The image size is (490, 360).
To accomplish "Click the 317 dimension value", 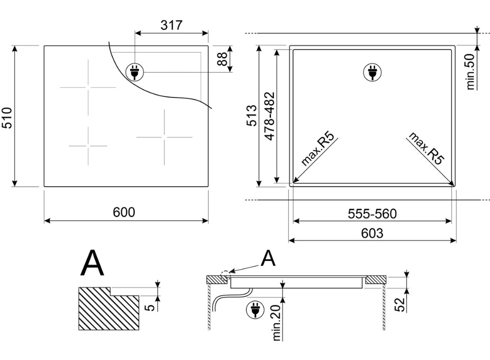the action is pyautogui.click(x=171, y=25).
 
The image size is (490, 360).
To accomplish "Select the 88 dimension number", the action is pyautogui.click(x=222, y=59).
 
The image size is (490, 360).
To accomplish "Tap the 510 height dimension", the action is pyautogui.click(x=7, y=118).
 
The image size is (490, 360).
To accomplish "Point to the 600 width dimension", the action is pyautogui.click(x=124, y=212).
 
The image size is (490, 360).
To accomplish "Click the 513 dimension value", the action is pyautogui.click(x=252, y=115).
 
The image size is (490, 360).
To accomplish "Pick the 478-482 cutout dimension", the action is pyautogui.click(x=269, y=116).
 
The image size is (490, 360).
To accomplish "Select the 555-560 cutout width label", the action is pyautogui.click(x=372, y=214).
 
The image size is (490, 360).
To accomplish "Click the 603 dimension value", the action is pyautogui.click(x=372, y=233).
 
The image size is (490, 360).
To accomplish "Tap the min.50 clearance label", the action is pyautogui.click(x=470, y=71).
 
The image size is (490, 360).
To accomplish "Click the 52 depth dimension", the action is pyautogui.click(x=400, y=304).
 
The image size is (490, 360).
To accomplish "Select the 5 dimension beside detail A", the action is pyautogui.click(x=151, y=307).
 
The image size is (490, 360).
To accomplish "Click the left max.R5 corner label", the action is pyautogui.click(x=317, y=149).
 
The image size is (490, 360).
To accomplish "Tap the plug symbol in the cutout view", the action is pyautogui.click(x=372, y=72).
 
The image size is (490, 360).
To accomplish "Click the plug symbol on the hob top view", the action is pyautogui.click(x=135, y=72).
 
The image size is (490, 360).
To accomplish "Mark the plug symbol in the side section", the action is pyautogui.click(x=255, y=309).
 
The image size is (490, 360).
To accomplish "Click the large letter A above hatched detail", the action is pyautogui.click(x=92, y=263).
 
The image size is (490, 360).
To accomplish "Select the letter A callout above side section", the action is pyautogui.click(x=268, y=258).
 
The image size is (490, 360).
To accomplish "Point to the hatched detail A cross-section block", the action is pyautogui.click(x=109, y=309).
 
